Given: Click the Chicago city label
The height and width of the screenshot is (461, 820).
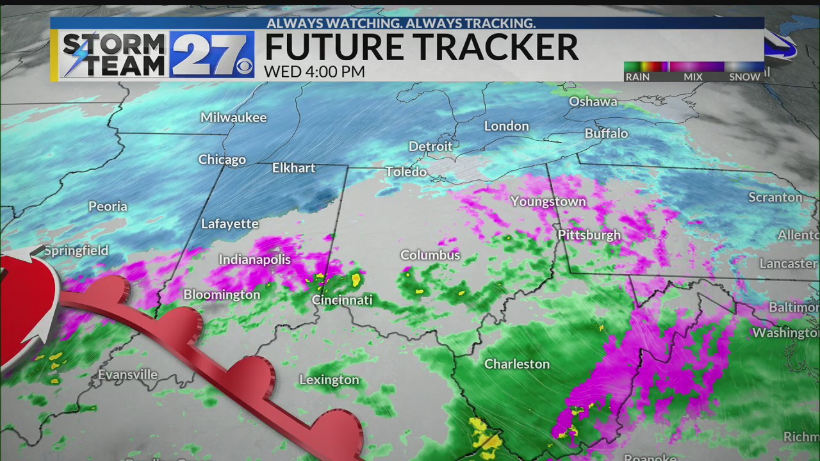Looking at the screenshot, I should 222,159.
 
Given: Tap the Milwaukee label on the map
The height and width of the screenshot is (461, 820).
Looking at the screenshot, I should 233,117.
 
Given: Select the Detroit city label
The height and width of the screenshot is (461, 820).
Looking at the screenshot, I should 430,146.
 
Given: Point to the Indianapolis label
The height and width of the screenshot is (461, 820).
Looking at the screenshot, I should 254,259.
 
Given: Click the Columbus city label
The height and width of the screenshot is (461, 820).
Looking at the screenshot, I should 430,255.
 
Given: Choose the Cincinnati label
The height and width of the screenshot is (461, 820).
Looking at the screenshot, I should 341,300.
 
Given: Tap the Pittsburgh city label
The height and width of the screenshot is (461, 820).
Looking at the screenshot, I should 589,235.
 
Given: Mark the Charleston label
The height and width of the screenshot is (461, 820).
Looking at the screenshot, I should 516,364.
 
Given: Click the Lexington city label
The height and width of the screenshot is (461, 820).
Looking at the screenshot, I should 329,380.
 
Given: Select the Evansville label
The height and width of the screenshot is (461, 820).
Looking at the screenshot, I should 127,375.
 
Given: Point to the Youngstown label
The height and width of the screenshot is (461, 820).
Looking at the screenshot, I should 548,201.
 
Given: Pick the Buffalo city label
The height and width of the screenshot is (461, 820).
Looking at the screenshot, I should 606,133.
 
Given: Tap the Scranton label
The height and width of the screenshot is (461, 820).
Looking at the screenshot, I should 775,197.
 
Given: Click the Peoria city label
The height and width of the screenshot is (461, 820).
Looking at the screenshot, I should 108,206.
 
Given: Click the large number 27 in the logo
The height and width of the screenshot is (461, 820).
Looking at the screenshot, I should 208,55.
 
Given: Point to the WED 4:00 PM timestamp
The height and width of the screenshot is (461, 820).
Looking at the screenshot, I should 314,72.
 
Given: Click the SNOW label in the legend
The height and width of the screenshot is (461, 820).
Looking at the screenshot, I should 744,77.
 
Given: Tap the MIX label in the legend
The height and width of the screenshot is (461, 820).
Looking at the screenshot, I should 693,77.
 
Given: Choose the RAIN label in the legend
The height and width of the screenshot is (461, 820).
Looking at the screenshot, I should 637,77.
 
